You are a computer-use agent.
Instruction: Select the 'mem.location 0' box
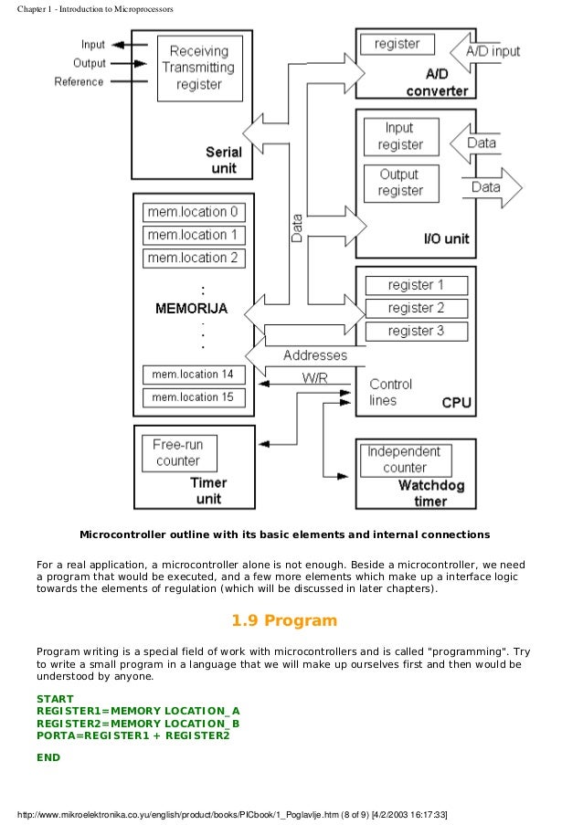[x=193, y=212]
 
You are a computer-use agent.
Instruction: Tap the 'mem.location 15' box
[x=193, y=397]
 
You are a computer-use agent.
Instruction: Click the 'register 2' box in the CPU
[x=416, y=308]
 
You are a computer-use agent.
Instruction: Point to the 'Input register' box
[x=400, y=136]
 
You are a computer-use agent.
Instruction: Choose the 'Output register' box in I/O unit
[x=400, y=183]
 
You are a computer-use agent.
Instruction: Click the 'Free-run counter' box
[x=178, y=452]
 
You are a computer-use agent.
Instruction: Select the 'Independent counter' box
[x=404, y=460]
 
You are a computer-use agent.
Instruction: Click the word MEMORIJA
[x=191, y=308]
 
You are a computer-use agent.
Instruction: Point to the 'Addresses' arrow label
[x=314, y=354]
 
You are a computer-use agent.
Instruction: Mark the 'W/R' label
[x=315, y=377]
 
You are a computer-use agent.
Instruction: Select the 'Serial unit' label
[x=223, y=161]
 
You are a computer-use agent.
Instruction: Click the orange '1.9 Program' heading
[x=284, y=621]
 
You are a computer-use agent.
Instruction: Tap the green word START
[x=54, y=699]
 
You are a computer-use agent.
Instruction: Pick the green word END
[x=48, y=757]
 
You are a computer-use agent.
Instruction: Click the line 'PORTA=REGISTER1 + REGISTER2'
[x=132, y=735]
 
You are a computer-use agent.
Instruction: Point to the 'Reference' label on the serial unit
[x=79, y=82]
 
